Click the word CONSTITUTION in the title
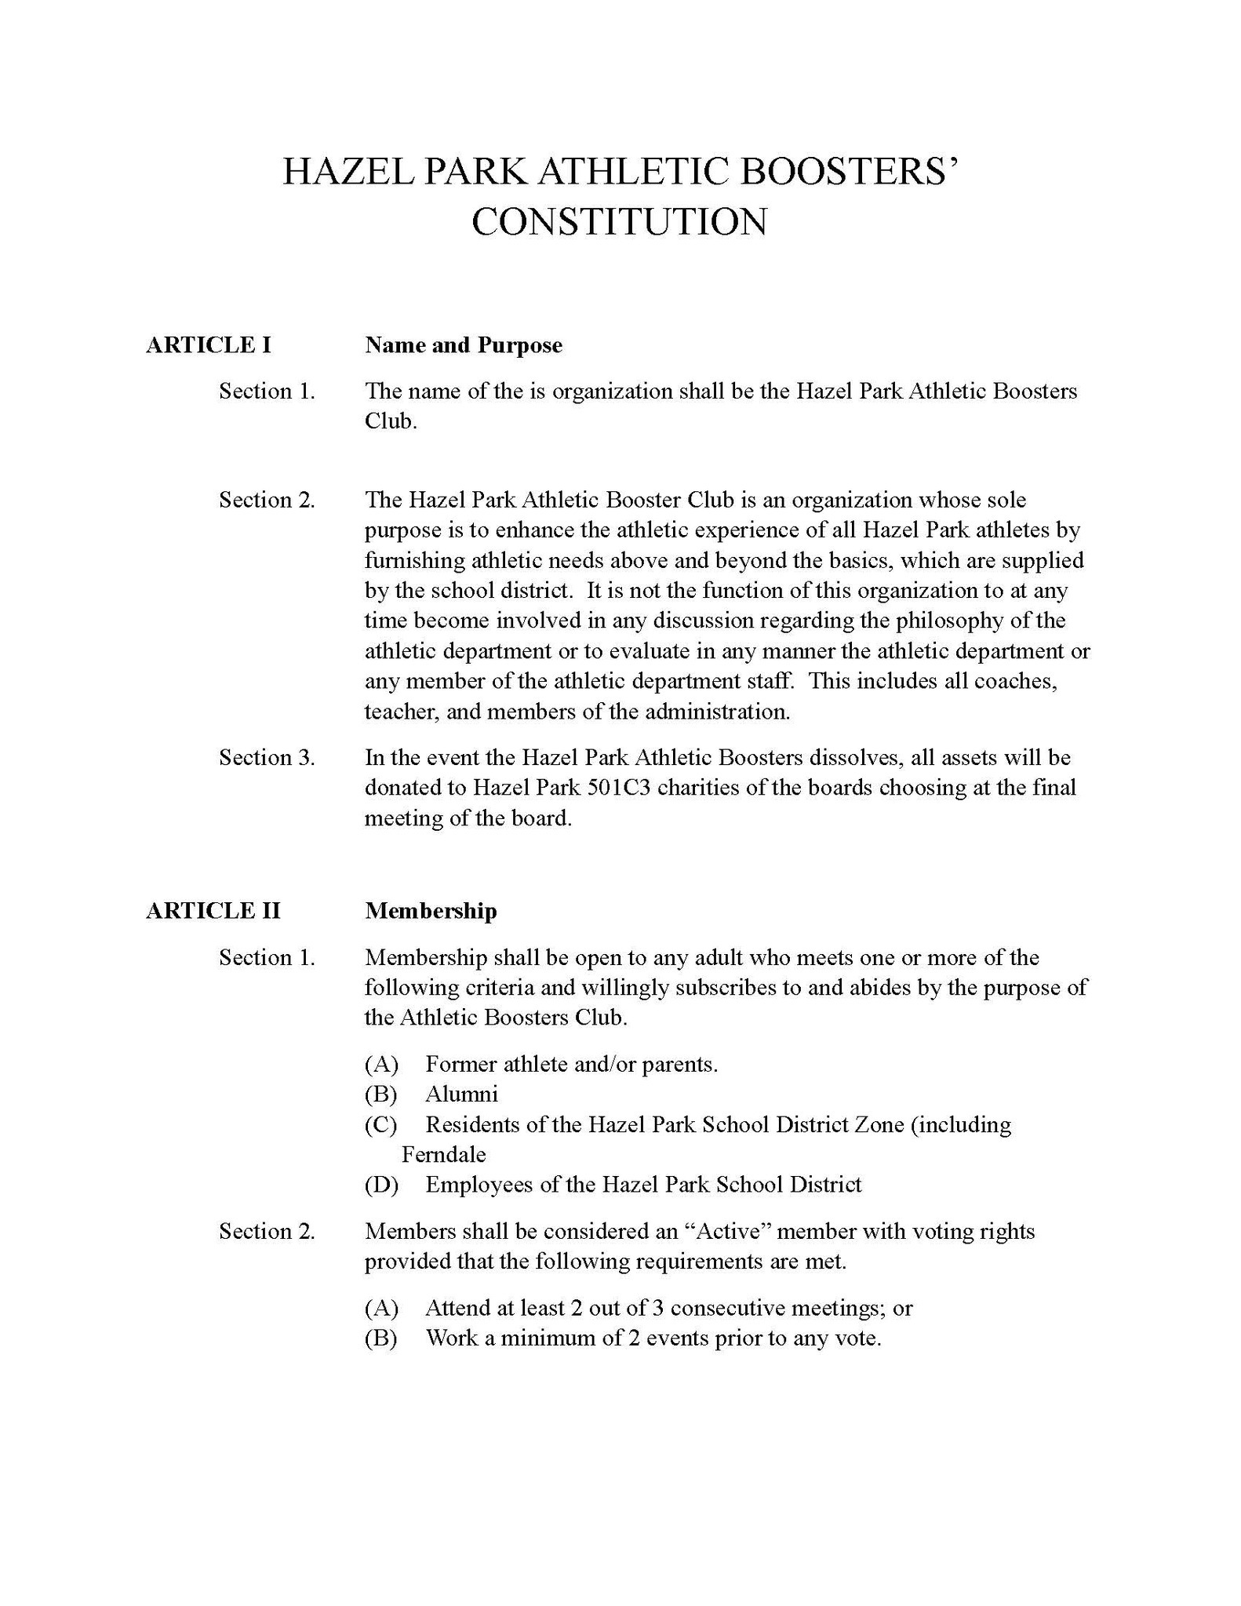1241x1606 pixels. click(620, 221)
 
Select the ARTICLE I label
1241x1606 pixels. click(209, 345)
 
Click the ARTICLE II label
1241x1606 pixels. click(213, 911)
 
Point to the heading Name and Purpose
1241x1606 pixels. click(463, 345)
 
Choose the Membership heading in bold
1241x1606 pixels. click(431, 911)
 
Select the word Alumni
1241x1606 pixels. click(461, 1094)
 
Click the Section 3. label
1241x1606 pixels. click(267, 758)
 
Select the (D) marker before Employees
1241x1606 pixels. click(381, 1185)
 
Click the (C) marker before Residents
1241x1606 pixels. click(381, 1125)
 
